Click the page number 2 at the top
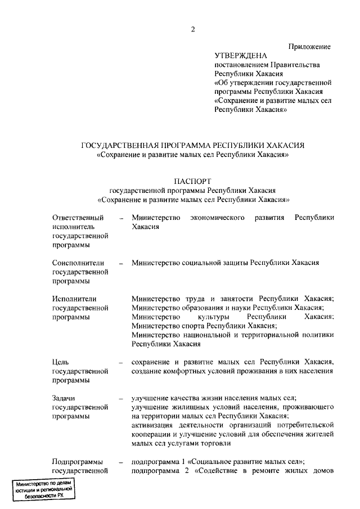(x=192, y=30)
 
